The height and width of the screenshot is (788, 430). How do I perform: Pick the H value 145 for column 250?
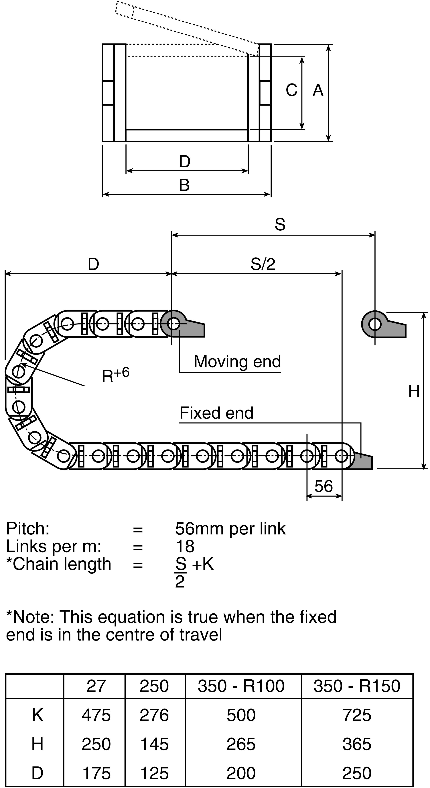(154, 744)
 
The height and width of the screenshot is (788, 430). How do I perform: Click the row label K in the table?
(37, 715)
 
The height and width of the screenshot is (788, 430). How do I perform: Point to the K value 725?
(357, 715)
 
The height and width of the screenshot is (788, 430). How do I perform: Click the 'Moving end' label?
(237, 362)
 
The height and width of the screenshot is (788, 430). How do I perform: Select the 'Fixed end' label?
(216, 413)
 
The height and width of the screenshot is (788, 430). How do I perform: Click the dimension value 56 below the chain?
(324, 486)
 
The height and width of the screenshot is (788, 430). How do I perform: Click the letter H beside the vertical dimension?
(414, 391)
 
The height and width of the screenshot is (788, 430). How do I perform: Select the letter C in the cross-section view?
(292, 90)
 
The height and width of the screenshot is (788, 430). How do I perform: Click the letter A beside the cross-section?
(318, 90)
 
